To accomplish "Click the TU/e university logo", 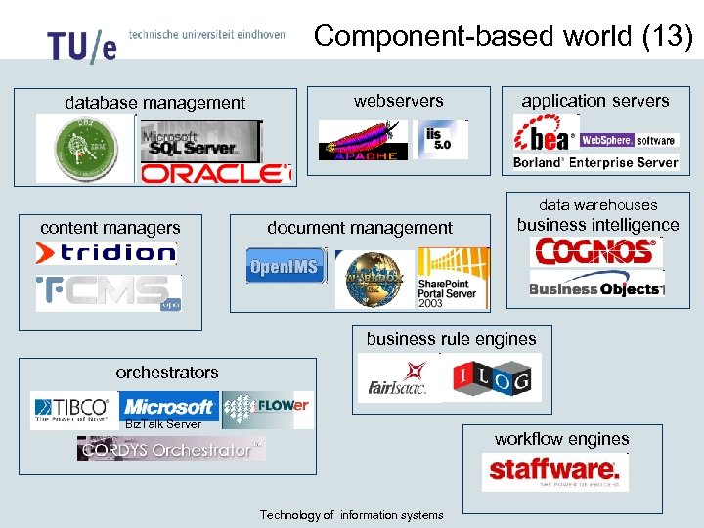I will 81,44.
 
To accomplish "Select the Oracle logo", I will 216,173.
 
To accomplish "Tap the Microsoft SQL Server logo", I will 200,142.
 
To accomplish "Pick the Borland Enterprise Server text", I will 595,162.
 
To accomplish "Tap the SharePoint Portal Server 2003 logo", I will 453,278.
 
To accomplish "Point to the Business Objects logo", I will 596,288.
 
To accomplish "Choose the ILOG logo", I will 506,377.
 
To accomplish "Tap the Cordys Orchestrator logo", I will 171,449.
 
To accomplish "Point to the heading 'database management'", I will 154,102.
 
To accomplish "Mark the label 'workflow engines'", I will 561,439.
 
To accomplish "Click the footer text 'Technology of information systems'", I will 351,515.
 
